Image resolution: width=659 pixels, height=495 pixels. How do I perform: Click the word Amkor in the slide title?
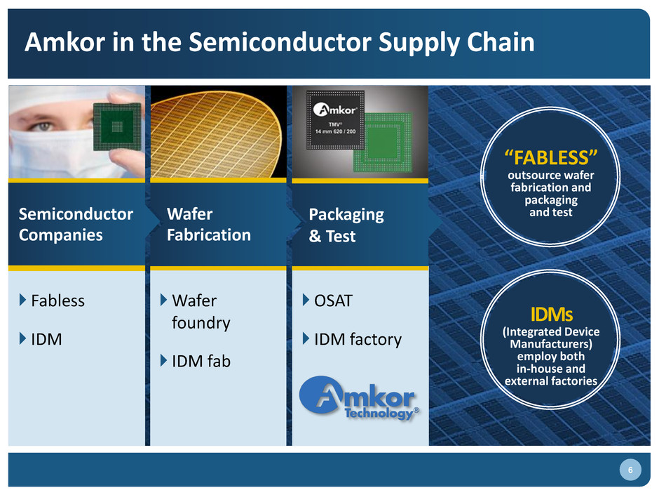[64, 42]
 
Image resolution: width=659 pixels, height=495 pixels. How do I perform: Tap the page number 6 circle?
[630, 470]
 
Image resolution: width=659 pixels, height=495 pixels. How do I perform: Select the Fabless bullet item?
[57, 301]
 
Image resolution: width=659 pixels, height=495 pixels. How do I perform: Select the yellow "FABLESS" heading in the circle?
[550, 158]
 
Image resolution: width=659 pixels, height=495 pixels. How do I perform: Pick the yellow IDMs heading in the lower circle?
[552, 314]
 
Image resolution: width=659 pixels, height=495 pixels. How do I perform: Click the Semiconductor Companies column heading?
[76, 225]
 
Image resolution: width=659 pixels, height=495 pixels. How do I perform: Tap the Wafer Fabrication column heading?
[208, 225]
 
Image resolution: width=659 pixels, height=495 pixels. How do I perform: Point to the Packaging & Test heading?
[346, 225]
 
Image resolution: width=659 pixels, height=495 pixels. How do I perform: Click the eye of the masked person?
[44, 126]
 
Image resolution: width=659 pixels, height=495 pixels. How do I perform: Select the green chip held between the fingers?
[117, 126]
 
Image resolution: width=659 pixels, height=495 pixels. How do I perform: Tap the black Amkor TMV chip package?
[335, 120]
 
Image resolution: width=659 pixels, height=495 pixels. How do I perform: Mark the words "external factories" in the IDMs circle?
[550, 381]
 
